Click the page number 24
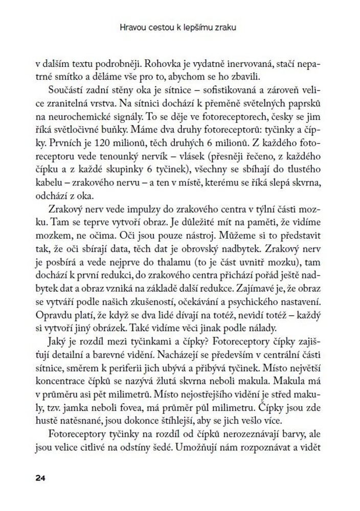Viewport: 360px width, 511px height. [41, 478]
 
